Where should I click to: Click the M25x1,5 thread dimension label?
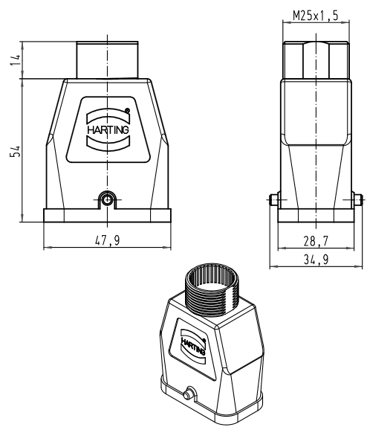click(x=316, y=16)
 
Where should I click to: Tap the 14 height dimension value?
click(x=16, y=60)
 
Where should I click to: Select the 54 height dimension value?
click(x=16, y=151)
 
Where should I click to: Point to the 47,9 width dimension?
click(x=107, y=240)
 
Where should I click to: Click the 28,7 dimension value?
click(x=316, y=241)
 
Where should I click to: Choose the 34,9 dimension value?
click(x=316, y=260)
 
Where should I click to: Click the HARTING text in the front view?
click(x=108, y=129)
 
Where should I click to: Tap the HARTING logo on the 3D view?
click(x=193, y=347)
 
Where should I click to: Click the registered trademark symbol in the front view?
click(x=127, y=111)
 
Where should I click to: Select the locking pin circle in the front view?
click(x=108, y=200)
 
